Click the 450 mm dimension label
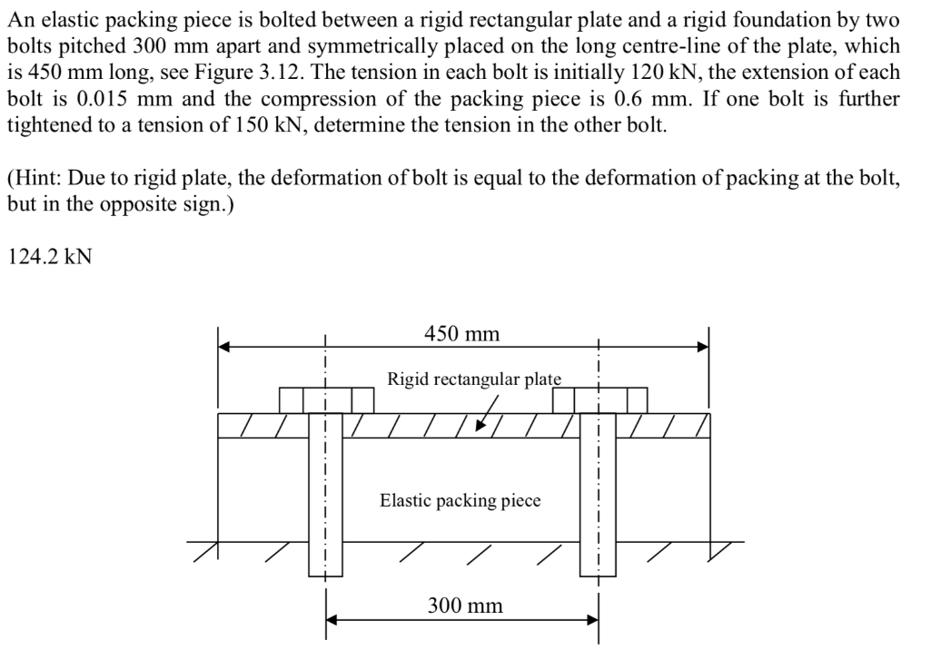[462, 334]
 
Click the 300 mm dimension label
[465, 606]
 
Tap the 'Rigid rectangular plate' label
[474, 379]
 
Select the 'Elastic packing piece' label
[460, 500]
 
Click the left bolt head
[326, 399]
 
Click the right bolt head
[599, 399]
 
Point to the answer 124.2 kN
[50, 257]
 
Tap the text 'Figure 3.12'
[268, 73]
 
